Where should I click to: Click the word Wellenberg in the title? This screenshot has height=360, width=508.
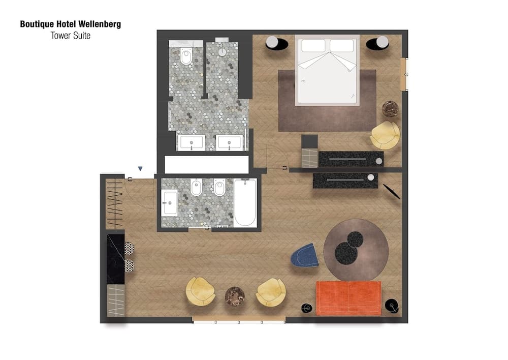(x=100, y=24)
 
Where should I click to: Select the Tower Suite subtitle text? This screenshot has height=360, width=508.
(x=70, y=36)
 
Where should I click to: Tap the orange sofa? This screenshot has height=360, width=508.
(x=348, y=297)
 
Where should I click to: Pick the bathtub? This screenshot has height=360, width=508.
(x=245, y=202)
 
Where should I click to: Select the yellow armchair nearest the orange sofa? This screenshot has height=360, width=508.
(x=271, y=292)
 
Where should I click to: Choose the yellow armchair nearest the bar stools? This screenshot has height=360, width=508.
(x=200, y=291)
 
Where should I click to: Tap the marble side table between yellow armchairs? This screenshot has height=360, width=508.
(x=235, y=296)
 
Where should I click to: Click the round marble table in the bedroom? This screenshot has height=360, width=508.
(x=390, y=108)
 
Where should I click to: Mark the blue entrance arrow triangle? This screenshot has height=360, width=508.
(x=140, y=169)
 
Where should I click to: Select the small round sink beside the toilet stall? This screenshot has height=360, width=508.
(x=222, y=51)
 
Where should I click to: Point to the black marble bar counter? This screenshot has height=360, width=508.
(x=116, y=259)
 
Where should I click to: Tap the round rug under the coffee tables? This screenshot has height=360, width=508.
(x=356, y=249)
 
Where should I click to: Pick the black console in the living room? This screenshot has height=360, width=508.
(x=345, y=181)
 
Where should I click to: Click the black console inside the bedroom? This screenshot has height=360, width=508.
(x=351, y=159)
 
